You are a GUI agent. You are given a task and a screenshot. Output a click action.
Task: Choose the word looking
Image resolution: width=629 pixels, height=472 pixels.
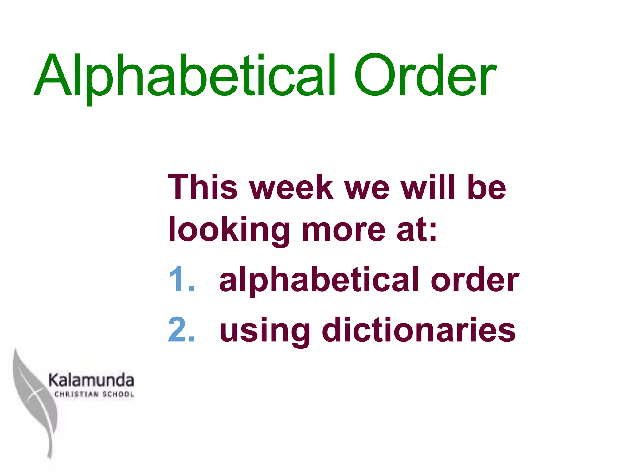click(x=229, y=230)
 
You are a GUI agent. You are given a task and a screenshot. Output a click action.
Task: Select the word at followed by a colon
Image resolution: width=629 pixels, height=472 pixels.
click(x=416, y=230)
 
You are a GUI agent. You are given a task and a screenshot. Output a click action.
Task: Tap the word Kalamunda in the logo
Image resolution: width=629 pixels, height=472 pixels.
click(x=91, y=380)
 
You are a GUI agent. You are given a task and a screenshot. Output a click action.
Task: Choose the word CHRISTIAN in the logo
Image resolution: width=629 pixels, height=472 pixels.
click(x=76, y=394)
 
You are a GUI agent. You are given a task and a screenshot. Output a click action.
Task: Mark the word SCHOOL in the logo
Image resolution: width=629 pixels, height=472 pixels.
click(x=118, y=394)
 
